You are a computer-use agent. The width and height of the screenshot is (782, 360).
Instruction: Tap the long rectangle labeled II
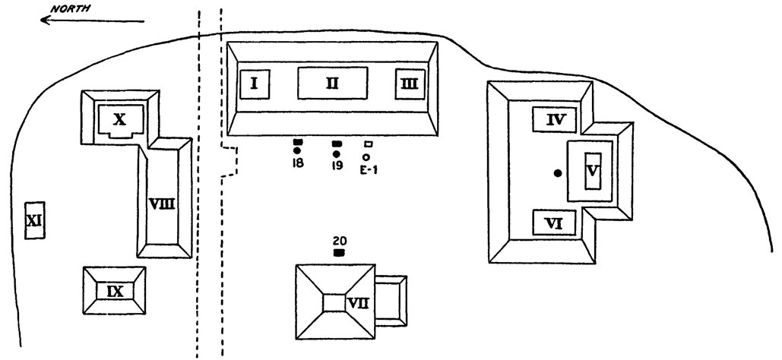pos(333,83)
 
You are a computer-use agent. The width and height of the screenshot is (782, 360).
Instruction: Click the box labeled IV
pos(554,118)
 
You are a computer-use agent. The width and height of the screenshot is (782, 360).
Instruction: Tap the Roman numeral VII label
pos(358,303)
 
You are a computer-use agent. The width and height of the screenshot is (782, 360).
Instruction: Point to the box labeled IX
pos(114,290)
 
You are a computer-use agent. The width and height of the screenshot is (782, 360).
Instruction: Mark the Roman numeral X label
pos(119,118)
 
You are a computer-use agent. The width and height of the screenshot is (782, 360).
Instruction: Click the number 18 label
pos(297,164)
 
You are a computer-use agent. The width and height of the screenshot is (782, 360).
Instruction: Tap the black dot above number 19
pos(337,153)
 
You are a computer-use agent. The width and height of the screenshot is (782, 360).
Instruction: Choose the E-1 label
pos(368,169)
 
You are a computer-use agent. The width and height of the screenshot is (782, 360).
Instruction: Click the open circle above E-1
pos(366,156)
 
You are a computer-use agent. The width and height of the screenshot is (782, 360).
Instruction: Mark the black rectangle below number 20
pos(339,251)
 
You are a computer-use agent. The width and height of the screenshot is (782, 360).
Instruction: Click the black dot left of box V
pos(558,174)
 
